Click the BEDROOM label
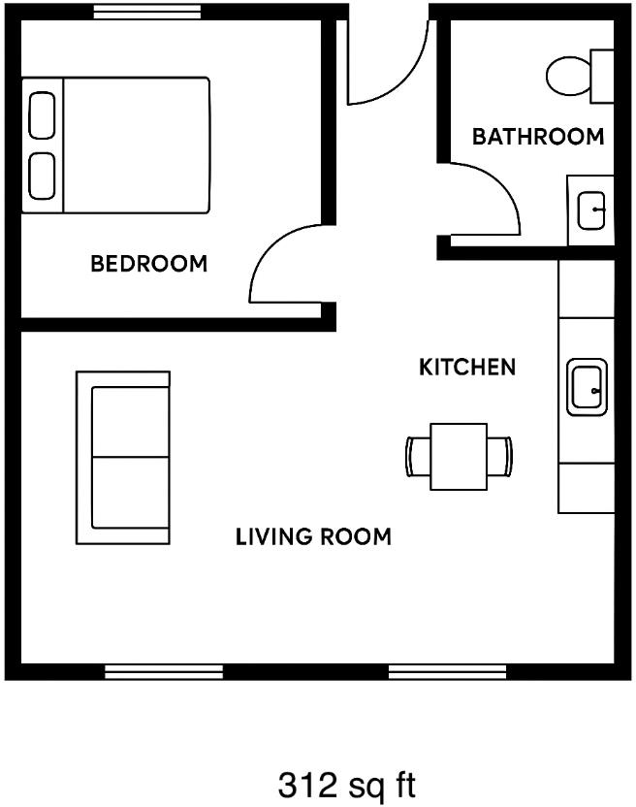pos(148,263)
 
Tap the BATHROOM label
pos(537,137)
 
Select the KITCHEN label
pos(466,368)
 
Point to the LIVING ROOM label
pos(313,536)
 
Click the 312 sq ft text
pos(347,783)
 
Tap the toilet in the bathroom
pos(578,75)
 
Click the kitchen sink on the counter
pos(587,387)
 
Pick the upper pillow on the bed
pos(43,115)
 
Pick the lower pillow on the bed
pos(43,176)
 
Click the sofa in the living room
pos(124,457)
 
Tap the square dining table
pos(459,457)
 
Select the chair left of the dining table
pos(418,457)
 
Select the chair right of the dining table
pos(499,457)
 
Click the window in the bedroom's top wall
pos(147,12)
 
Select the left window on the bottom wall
pos(164,671)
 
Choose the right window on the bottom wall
pos(447,671)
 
